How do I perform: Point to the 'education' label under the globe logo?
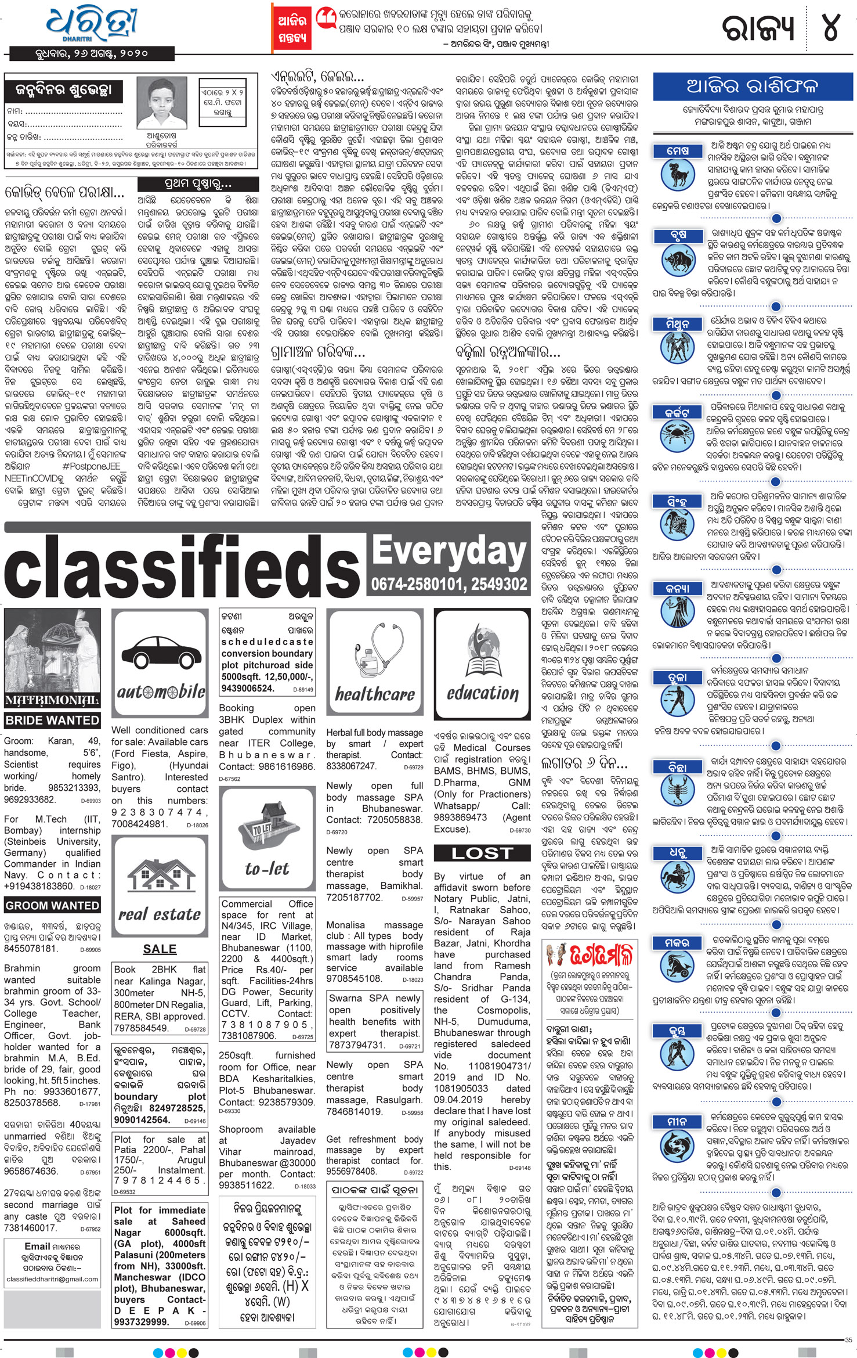point(482,693)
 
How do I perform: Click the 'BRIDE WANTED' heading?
point(52,721)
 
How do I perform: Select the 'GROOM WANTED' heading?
point(52,905)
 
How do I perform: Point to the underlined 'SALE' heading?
point(160,949)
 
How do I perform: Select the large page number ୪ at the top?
point(830,27)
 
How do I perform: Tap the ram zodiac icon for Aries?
point(678,174)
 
